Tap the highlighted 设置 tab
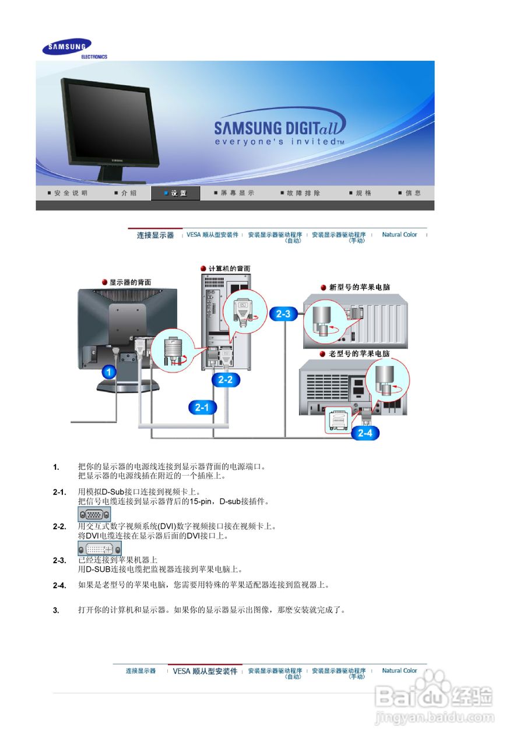point(175,193)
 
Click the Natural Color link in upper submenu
point(399,235)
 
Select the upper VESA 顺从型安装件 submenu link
point(212,235)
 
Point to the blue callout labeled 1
point(110,371)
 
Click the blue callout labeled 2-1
point(202,407)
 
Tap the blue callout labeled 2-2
point(226,380)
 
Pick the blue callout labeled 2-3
point(284,314)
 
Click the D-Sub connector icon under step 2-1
point(94,514)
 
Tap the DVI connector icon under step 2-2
point(100,549)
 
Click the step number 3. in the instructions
point(56,610)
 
